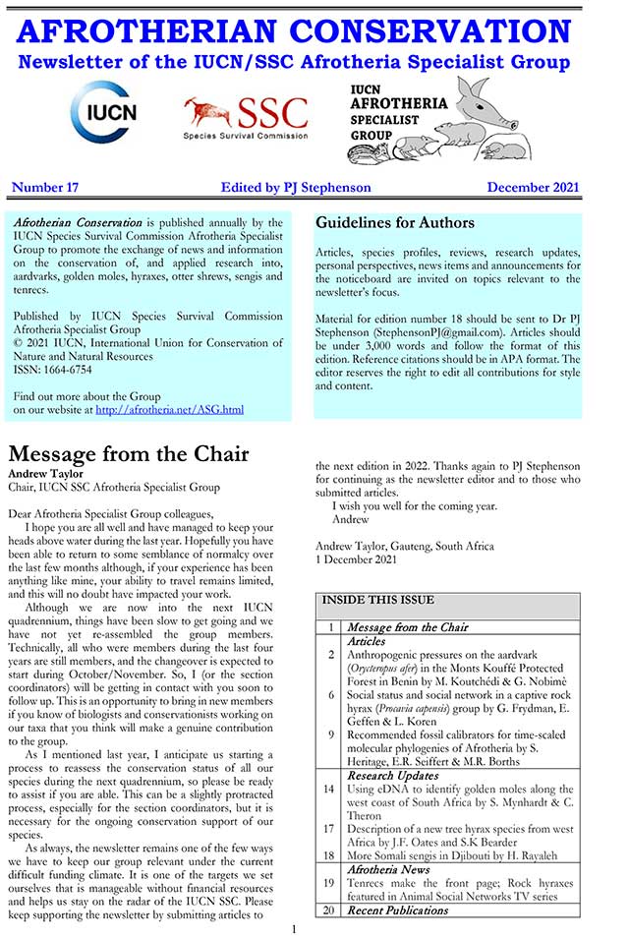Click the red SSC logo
(x=246, y=118)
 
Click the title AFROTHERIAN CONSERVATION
(x=293, y=31)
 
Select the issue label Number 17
(x=45, y=187)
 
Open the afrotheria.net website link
(x=169, y=409)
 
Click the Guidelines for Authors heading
(x=394, y=223)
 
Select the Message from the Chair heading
(x=129, y=454)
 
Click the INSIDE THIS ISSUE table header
(x=377, y=600)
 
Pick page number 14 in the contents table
(x=331, y=789)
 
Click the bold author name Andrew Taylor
(x=45, y=472)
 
